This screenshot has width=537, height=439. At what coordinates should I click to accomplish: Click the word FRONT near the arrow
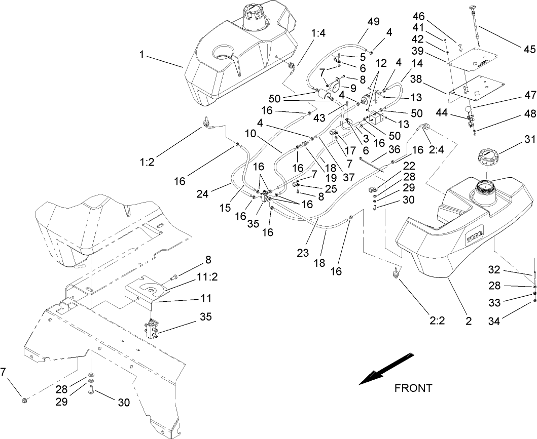413,388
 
